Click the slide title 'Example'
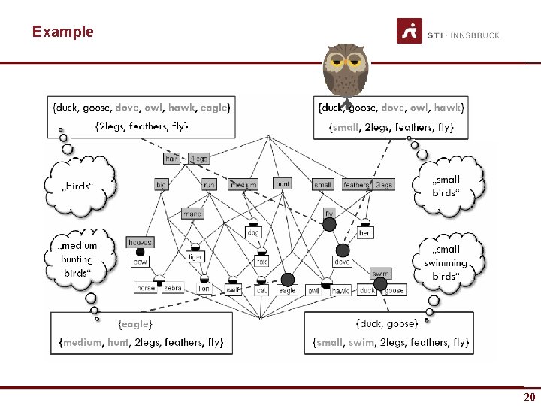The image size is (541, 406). tap(63, 32)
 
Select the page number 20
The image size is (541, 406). tap(529, 397)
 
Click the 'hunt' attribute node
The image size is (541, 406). tap(283, 183)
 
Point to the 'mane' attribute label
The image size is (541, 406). tap(192, 214)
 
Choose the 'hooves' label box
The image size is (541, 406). tap(140, 242)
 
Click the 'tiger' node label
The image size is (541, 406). tap(195, 257)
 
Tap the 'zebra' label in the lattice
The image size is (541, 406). tap(173, 288)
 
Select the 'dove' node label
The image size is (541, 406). tap(342, 262)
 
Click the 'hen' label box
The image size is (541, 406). tap(365, 233)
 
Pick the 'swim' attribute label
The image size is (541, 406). tap(380, 274)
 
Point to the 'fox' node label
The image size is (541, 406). tap(261, 262)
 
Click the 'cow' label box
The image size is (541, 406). tap(140, 262)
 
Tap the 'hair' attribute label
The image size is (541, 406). tap(172, 159)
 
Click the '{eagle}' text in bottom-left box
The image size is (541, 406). tap(135, 324)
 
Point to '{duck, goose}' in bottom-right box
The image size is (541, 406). tap(387, 324)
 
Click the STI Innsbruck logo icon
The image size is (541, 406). tap(409, 33)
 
